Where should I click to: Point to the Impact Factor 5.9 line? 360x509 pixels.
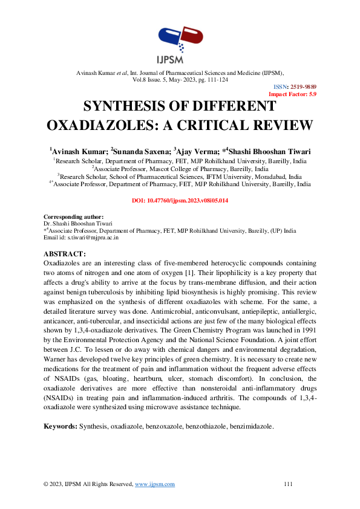tap(292, 94)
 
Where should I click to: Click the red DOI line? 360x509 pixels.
tap(180, 200)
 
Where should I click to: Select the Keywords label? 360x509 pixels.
tap(61, 427)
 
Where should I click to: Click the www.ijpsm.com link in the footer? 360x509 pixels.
tap(154, 484)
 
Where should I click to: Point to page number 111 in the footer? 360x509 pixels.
tap(288, 484)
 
